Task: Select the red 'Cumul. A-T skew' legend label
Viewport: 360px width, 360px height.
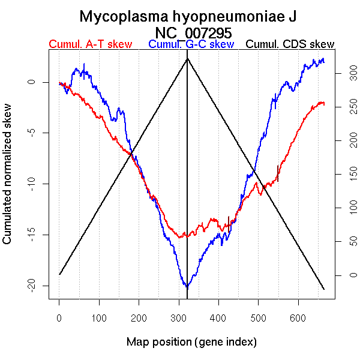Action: (90, 44)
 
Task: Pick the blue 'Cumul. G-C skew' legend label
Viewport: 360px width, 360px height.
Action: (191, 44)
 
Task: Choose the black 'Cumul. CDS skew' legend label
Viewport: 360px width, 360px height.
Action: (290, 44)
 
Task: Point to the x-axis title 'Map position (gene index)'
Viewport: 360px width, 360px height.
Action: (191, 342)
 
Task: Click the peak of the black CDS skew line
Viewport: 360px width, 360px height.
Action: (187, 58)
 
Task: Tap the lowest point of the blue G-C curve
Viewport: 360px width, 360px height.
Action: (187, 287)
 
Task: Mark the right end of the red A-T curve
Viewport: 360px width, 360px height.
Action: (324, 103)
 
